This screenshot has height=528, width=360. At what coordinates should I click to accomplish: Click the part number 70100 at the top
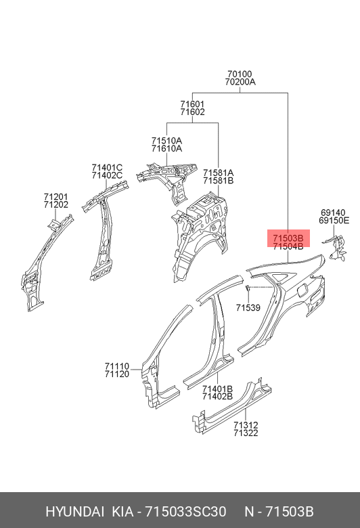[x=240, y=74]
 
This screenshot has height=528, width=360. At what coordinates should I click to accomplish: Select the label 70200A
[x=240, y=82]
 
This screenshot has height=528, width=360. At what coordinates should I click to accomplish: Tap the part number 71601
[x=192, y=104]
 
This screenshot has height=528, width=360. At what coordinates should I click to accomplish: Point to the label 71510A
[x=166, y=140]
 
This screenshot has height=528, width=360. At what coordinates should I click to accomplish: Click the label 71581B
[x=218, y=181]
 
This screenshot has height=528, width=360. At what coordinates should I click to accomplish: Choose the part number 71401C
[x=107, y=167]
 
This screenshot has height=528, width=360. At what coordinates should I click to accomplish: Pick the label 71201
[x=56, y=197]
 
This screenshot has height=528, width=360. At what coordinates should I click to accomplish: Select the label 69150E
[x=334, y=221]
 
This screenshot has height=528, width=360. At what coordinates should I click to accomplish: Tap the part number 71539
[x=248, y=307]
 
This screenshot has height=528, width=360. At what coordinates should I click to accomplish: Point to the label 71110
[x=117, y=366]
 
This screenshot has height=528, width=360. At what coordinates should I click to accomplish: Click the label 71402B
[x=217, y=396]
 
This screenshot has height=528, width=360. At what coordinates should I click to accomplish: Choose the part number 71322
[x=246, y=433]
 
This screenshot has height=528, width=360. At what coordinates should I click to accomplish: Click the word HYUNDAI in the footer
[x=74, y=512]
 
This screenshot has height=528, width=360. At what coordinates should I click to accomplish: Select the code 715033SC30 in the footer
[x=185, y=512]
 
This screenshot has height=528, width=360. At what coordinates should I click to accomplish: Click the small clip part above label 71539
[x=247, y=288]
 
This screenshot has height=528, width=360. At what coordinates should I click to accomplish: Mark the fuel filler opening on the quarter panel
[x=302, y=290]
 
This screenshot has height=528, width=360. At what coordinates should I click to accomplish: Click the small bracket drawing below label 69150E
[x=335, y=248]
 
